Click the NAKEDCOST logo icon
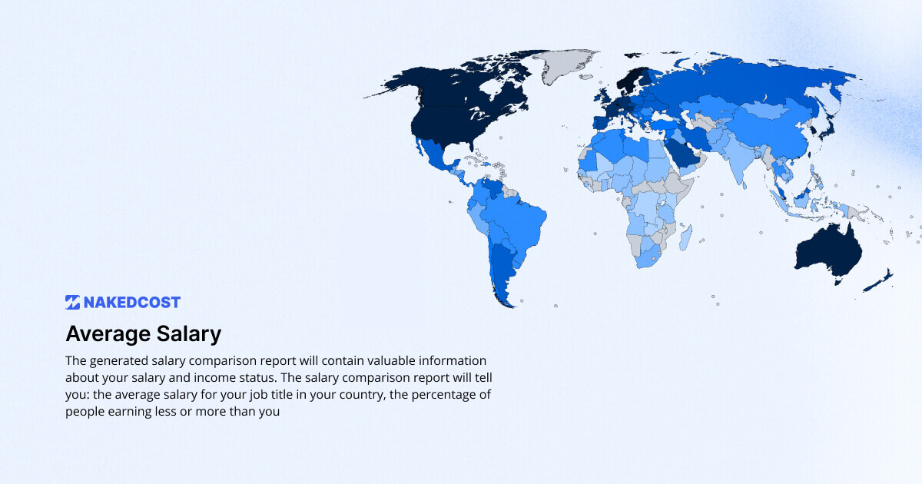[73, 302]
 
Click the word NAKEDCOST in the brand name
[132, 302]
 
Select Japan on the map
[827, 127]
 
